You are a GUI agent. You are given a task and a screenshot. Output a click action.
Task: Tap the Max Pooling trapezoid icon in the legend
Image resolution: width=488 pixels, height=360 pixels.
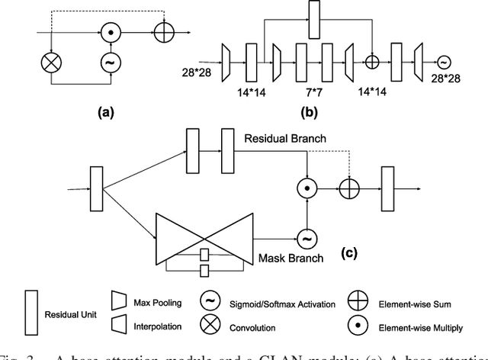(117, 303)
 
